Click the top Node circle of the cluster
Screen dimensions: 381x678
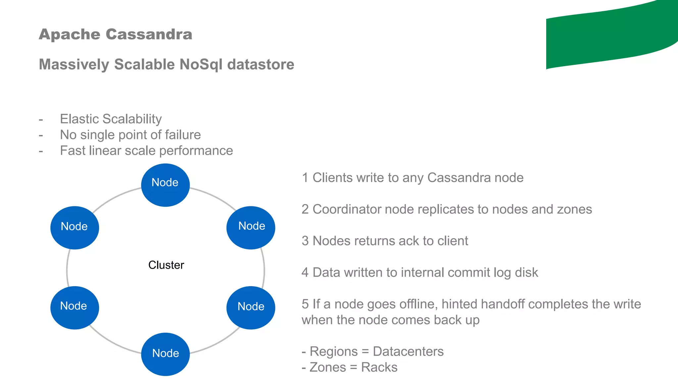[165, 185]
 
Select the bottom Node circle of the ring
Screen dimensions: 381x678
[165, 354]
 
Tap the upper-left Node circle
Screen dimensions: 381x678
[74, 228]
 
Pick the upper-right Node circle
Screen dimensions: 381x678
[251, 228]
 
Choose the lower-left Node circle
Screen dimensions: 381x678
[74, 307]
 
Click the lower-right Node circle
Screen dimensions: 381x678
[251, 307]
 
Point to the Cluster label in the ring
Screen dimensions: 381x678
[166, 265]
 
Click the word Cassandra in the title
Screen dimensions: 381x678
[149, 34]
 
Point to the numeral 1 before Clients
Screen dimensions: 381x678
[305, 178]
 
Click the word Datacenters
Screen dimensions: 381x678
[408, 351]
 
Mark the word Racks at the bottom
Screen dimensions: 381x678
[379, 367]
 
